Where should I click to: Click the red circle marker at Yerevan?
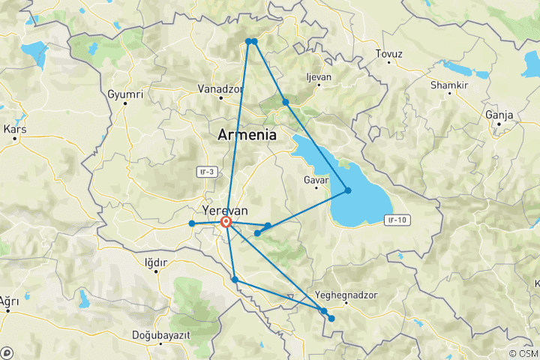226,222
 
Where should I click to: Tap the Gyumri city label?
125,94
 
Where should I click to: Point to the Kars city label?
15,128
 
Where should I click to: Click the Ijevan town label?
319,77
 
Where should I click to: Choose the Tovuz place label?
389,54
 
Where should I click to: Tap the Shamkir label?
448,85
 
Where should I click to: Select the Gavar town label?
316,181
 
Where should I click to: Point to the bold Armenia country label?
247,136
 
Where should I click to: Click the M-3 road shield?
207,172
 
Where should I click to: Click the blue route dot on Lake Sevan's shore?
348,190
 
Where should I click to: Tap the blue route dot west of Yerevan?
192,223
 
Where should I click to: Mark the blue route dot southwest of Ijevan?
286,102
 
